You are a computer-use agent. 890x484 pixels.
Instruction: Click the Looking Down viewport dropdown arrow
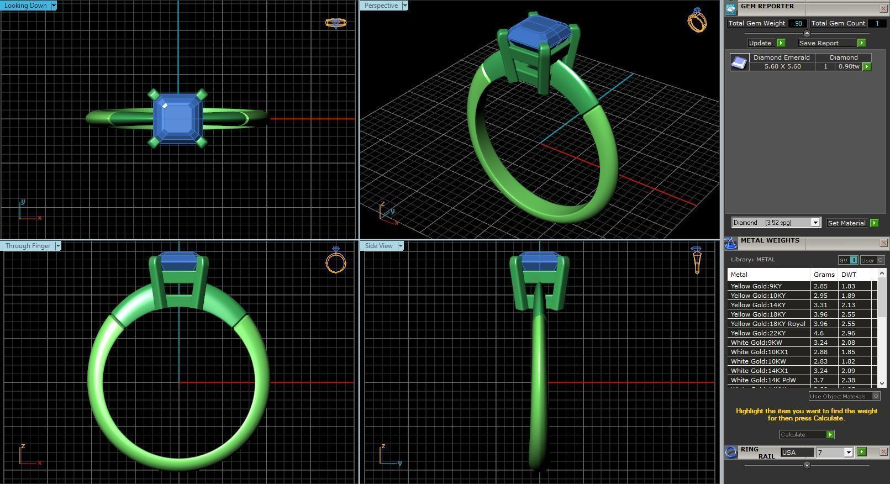coord(54,6)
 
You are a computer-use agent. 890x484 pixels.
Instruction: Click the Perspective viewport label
coord(381,6)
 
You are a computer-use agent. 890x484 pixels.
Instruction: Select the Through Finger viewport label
coord(28,246)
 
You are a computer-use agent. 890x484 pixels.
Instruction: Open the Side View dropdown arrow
coord(401,246)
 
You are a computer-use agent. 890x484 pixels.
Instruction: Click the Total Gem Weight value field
coord(797,23)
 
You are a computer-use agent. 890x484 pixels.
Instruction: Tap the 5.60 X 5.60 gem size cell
coord(782,66)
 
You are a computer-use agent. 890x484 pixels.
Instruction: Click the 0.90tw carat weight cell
coord(848,66)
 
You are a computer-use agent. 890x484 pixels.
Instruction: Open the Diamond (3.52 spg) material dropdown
coord(815,223)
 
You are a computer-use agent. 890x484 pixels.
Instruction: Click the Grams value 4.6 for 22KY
coord(818,333)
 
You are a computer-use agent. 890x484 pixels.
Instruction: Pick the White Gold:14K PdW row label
coord(763,380)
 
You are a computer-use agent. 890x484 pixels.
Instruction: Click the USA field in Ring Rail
coord(796,453)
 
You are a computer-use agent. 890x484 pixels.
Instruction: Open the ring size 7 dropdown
coord(848,453)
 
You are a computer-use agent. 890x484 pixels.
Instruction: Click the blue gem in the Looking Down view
coord(177,118)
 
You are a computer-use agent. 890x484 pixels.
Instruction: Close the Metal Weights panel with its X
coord(883,243)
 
